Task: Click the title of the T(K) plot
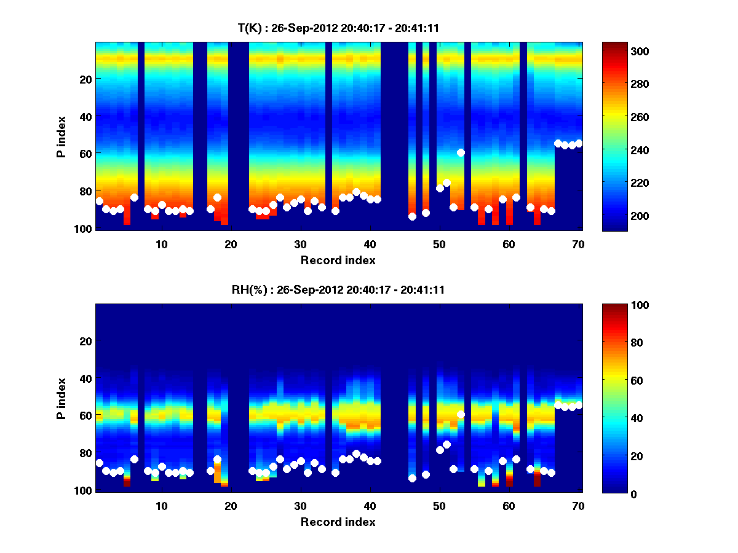[338, 28]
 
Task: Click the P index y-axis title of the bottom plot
[61, 398]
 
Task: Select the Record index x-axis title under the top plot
[338, 260]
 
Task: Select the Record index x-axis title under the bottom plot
[338, 522]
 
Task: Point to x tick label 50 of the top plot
[439, 244]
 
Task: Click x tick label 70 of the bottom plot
[578, 506]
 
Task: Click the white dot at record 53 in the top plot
[461, 152]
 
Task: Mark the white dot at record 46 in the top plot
[412, 216]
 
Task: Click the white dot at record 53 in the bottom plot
[461, 415]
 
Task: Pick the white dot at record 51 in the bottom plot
[446, 444]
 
